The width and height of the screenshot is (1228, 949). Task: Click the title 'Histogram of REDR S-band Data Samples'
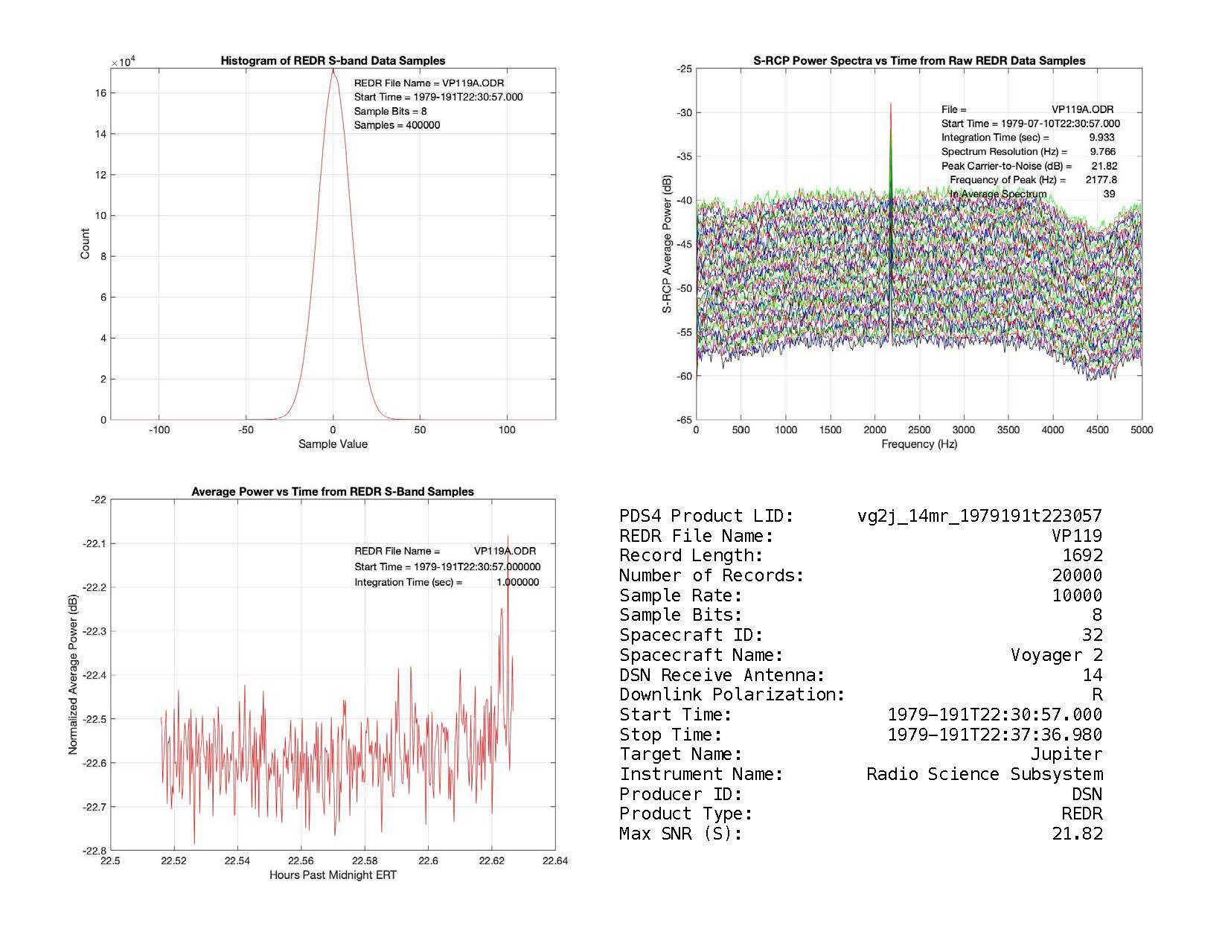coord(333,61)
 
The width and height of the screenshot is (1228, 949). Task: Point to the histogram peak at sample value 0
coord(333,70)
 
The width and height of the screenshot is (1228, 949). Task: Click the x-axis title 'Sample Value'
coord(333,444)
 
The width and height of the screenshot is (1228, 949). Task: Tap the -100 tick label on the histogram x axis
coord(159,430)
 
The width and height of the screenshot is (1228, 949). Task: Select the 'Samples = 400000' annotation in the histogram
coord(397,126)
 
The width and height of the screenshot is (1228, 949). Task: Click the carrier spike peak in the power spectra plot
coord(890,104)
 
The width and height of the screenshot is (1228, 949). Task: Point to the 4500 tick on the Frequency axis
coord(1097,430)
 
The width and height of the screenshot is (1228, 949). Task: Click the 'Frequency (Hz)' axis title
coord(919,444)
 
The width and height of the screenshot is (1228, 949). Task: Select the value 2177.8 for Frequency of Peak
coord(1101,180)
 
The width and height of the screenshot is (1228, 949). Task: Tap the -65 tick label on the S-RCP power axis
coord(683,420)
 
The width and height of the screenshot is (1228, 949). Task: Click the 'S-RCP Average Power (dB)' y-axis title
coord(667,244)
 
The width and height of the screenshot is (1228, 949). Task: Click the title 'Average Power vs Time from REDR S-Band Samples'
coord(333,492)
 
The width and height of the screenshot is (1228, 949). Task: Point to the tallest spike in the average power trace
coord(508,536)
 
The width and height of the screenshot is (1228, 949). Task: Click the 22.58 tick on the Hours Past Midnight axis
coord(365,861)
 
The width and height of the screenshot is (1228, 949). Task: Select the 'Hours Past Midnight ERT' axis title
coord(333,875)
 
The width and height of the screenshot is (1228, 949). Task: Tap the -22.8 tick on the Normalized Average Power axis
coord(95,851)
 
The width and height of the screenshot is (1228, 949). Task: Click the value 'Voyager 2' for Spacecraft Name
coord(1056,656)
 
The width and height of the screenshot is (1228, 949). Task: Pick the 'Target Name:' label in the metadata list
coord(681,755)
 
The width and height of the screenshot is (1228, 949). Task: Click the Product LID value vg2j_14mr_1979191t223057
coord(979,517)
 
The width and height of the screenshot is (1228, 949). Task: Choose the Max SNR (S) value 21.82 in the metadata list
coord(1077,834)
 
